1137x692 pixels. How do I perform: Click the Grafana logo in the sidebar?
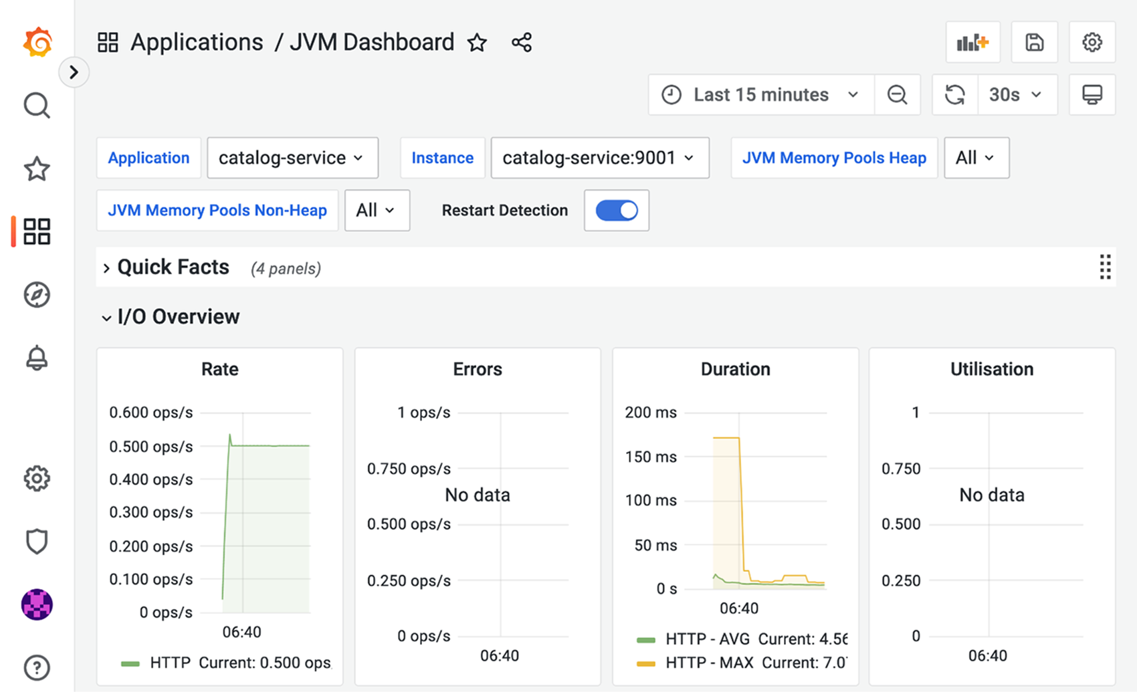(x=37, y=42)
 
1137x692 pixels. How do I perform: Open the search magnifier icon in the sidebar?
(x=37, y=106)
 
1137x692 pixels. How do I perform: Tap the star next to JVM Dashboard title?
(x=477, y=43)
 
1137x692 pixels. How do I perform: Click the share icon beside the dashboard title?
(x=522, y=43)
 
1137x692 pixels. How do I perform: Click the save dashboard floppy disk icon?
(x=1035, y=42)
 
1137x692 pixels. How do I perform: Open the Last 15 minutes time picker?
(x=761, y=95)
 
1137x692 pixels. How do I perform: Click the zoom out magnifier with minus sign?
(x=898, y=95)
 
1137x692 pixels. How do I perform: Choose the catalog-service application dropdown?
(x=292, y=158)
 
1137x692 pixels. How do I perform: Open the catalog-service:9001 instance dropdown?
(x=600, y=158)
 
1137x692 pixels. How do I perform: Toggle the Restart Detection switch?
(x=617, y=211)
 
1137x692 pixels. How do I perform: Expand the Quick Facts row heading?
(x=173, y=267)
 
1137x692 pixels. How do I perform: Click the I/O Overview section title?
(x=178, y=316)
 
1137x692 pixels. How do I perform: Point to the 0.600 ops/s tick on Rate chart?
(x=150, y=413)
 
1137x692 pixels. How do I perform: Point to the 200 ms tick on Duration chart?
(x=651, y=413)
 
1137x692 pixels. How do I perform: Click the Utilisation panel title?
(x=992, y=369)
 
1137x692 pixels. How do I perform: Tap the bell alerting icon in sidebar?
(x=37, y=358)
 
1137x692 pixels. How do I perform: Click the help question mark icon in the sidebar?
(x=37, y=668)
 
